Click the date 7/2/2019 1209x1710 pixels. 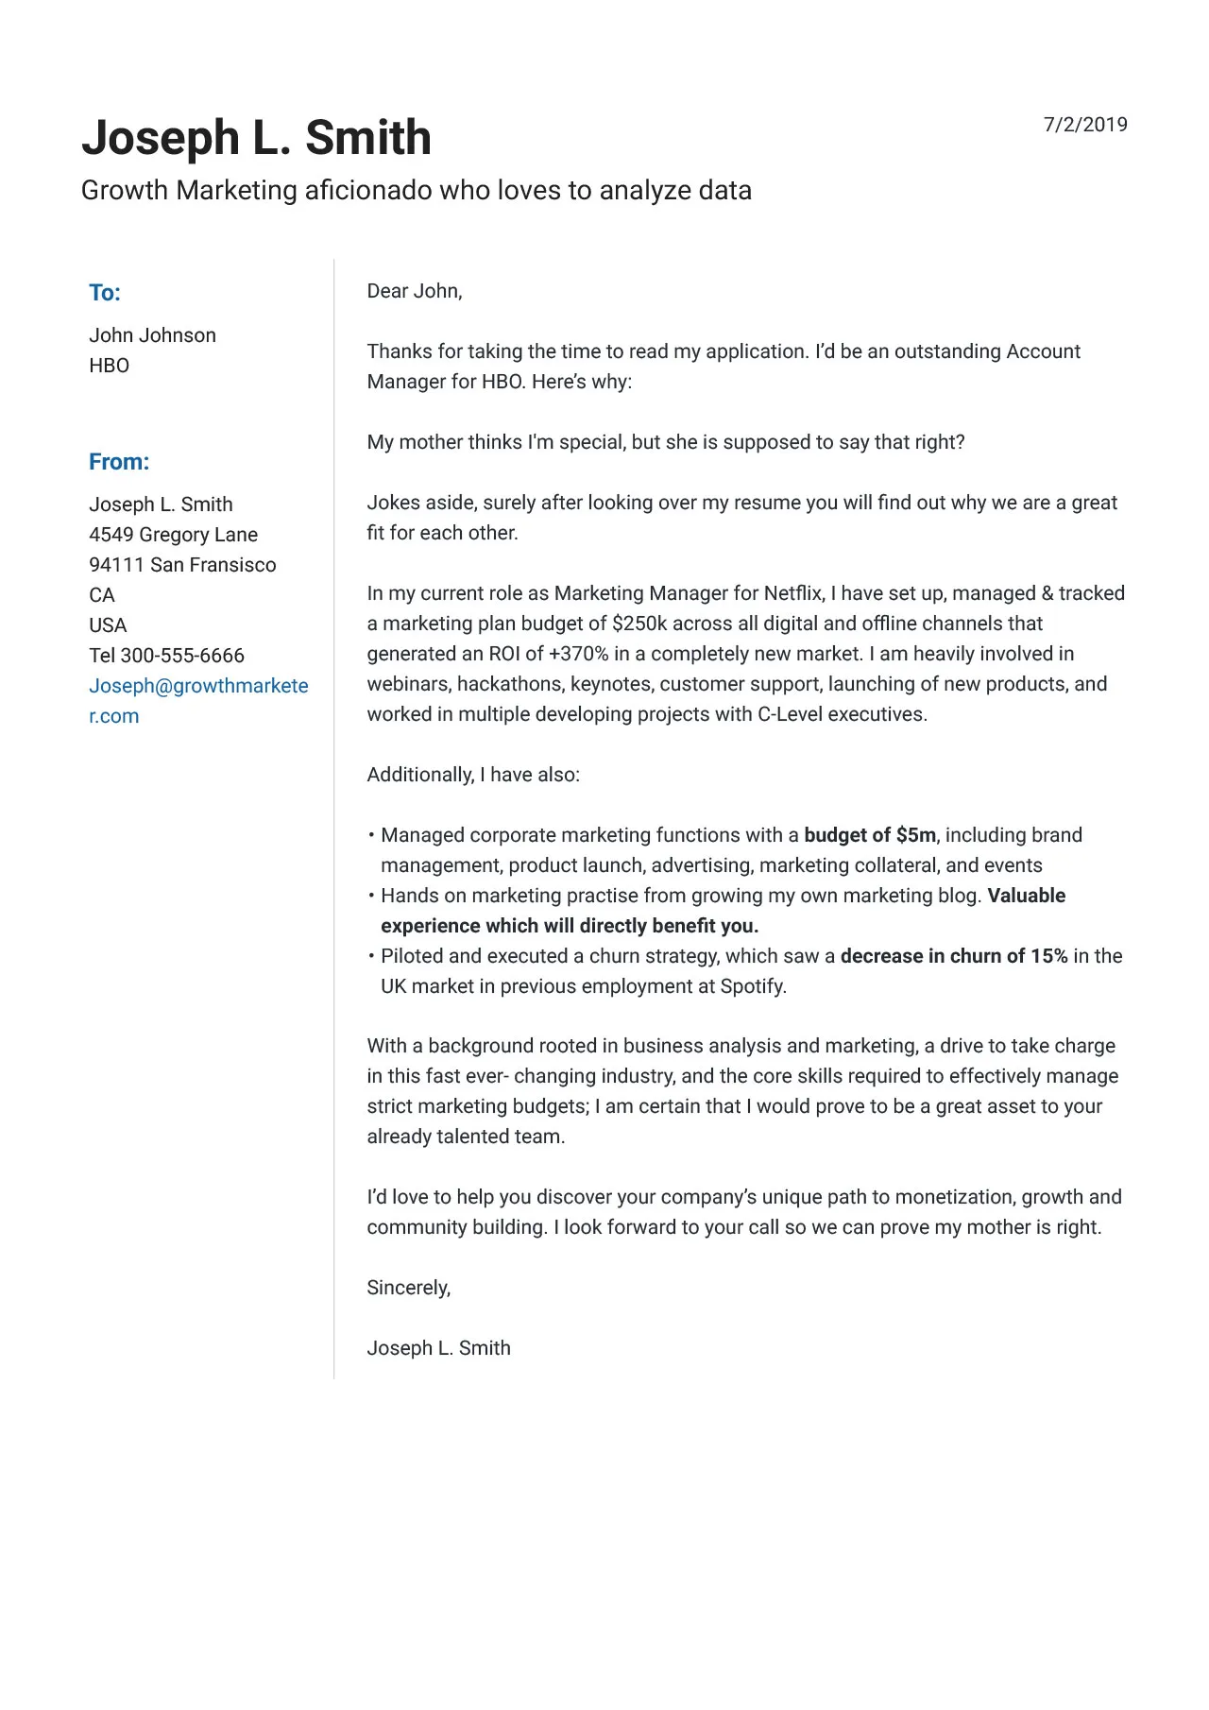(x=1084, y=125)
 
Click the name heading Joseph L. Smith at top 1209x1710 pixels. (x=256, y=138)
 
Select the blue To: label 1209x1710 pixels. (x=105, y=293)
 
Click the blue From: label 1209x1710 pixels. (x=119, y=462)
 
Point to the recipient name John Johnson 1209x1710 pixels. (x=152, y=335)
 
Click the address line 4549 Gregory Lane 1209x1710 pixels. (x=173, y=535)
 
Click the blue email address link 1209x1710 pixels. (x=198, y=687)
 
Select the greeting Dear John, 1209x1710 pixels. (x=414, y=291)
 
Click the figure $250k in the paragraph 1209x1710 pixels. (x=639, y=624)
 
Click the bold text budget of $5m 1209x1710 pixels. (x=870, y=835)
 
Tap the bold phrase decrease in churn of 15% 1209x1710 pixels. (x=953, y=956)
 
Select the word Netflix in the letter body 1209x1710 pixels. (x=792, y=593)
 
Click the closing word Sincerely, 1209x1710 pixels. (x=408, y=1288)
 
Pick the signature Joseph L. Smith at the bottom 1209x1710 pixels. (x=438, y=1348)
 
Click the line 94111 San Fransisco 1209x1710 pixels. (x=182, y=565)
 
